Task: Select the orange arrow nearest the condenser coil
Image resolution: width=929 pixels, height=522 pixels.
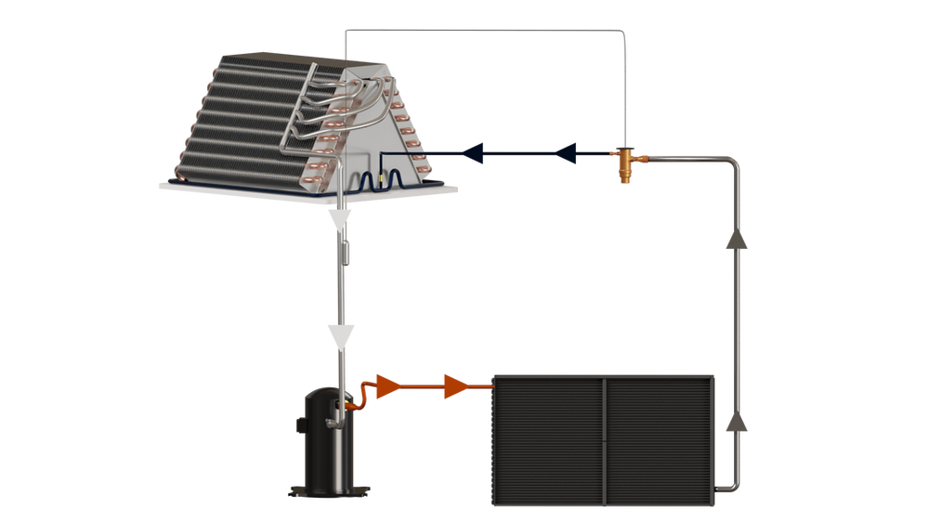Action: click(455, 383)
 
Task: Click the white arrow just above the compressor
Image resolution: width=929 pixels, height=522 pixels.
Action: click(341, 332)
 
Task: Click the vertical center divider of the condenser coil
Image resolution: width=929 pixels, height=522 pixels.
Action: click(605, 440)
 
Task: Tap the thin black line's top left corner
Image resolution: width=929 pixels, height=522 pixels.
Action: click(345, 32)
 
